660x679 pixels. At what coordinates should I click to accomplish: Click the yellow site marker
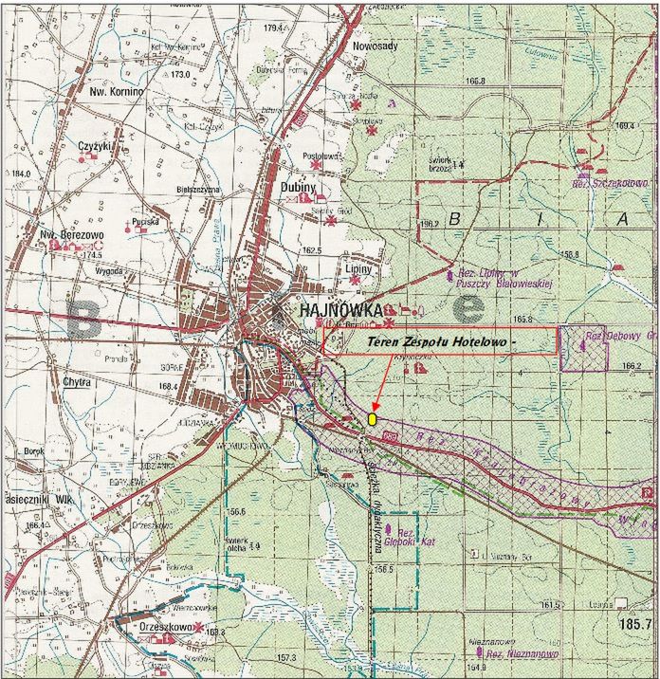click(373, 417)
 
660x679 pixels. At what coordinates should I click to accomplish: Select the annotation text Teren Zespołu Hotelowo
click(439, 339)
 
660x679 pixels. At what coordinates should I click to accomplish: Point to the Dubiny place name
click(299, 187)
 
